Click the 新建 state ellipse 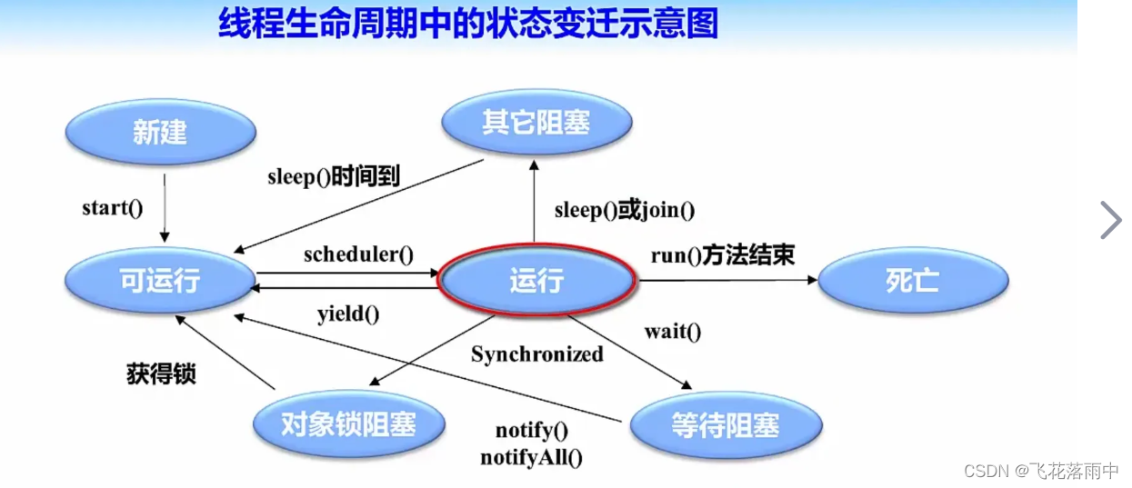(160, 133)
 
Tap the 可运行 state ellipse (160, 281)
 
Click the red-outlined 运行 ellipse (536, 281)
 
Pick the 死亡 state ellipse (913, 281)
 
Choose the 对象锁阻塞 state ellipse (348, 424)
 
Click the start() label (113, 208)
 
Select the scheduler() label (358, 254)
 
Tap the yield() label (348, 314)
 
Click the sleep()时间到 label (334, 176)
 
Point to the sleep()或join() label (625, 210)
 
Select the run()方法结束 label (723, 255)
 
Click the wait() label (673, 331)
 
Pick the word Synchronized (536, 354)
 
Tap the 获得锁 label (161, 373)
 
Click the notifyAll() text (531, 457)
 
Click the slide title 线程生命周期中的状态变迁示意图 (468, 25)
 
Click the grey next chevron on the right (1110, 220)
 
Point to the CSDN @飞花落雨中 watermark (1040, 470)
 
